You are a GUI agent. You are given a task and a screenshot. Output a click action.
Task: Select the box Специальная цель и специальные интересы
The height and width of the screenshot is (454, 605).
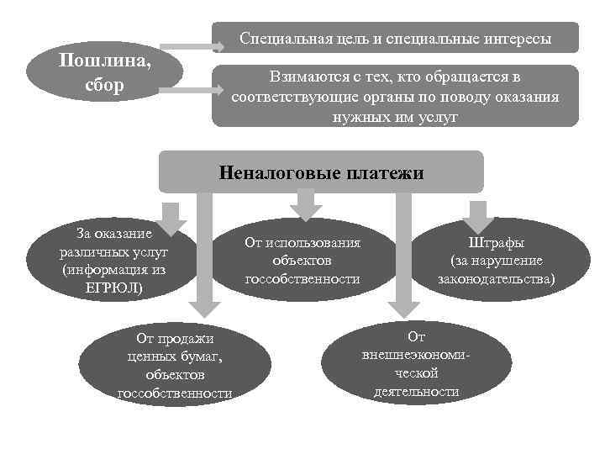pyautogui.click(x=396, y=39)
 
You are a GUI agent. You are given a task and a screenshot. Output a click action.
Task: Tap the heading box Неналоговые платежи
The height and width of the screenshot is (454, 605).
pyautogui.click(x=322, y=173)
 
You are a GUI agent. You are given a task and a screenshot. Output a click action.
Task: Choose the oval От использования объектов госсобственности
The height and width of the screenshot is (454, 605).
pyautogui.click(x=302, y=261)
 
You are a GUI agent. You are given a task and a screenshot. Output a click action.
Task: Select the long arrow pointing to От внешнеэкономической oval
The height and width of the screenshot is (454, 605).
pyautogui.click(x=402, y=252)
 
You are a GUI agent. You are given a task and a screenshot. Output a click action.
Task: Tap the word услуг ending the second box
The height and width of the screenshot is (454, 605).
pyautogui.click(x=437, y=116)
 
